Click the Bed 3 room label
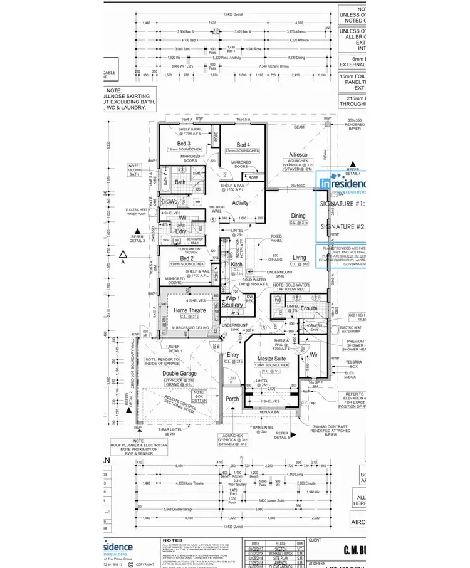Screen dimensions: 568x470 point(183,145)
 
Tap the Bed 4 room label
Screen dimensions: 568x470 point(243,145)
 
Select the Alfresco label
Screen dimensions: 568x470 point(298,154)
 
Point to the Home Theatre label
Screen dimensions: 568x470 point(189,310)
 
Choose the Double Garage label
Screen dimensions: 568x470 point(179,374)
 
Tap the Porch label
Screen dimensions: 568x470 point(232,398)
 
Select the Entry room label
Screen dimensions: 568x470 point(233,355)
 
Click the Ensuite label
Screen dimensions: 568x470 point(308,308)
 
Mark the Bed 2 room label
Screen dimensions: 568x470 point(186,258)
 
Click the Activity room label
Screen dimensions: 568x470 point(241,202)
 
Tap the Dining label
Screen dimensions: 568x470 point(298,216)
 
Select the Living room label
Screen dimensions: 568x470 point(300,258)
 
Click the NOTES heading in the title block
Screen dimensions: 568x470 point(173,540)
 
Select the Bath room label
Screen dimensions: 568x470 point(180,182)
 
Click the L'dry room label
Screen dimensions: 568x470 point(180,231)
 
